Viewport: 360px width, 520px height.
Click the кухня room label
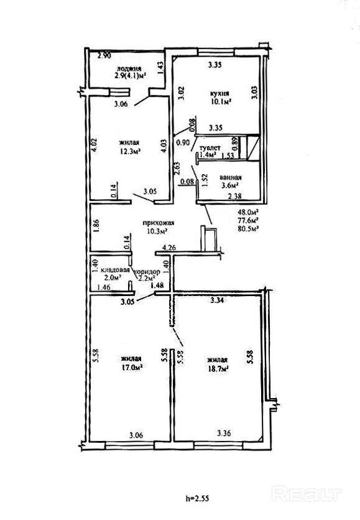(219, 93)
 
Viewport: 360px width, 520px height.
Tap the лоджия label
(129, 68)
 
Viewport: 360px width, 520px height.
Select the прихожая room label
(159, 223)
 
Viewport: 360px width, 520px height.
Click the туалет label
(210, 148)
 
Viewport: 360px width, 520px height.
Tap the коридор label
(147, 272)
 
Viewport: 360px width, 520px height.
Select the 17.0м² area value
(132, 367)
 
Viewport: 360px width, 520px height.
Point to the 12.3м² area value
(129, 151)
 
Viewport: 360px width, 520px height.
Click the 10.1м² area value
(220, 101)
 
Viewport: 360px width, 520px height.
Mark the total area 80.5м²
(248, 228)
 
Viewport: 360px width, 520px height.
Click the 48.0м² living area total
(248, 212)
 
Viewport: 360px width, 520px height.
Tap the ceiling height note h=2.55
(198, 498)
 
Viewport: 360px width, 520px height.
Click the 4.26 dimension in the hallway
(168, 248)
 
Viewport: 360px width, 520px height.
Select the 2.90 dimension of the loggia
(104, 56)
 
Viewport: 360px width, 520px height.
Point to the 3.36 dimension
(224, 433)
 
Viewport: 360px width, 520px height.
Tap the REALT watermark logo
(307, 494)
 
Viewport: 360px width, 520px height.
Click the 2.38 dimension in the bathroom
(234, 196)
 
